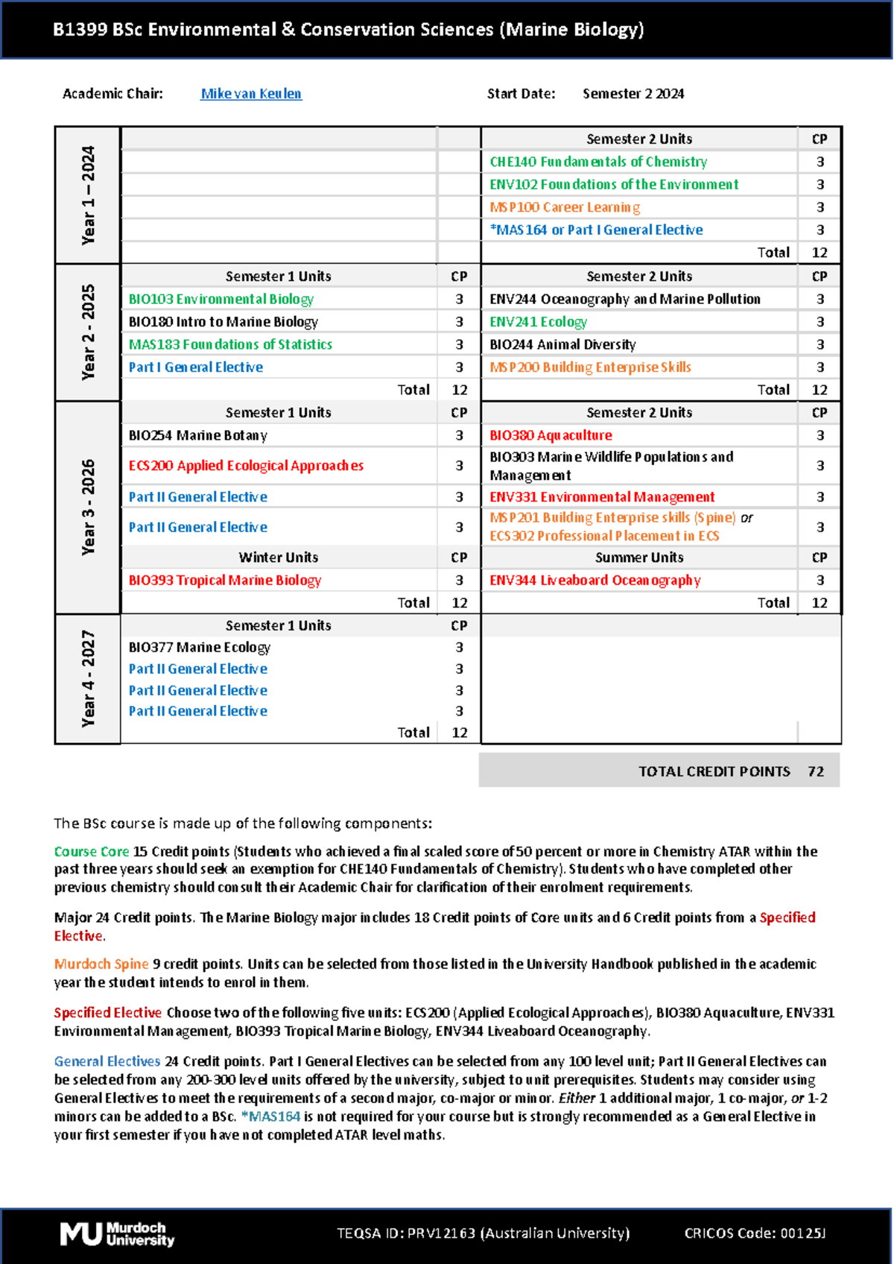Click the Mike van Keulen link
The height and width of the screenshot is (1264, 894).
click(251, 94)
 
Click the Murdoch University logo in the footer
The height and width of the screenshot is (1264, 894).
click(117, 1234)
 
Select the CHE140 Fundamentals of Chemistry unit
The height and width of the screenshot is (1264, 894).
click(598, 162)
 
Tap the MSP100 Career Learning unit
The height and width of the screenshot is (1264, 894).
click(565, 207)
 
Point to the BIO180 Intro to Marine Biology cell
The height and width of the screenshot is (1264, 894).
click(223, 322)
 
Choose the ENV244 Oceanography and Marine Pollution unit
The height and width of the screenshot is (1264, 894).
click(624, 299)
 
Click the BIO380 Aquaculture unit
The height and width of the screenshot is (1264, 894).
click(551, 435)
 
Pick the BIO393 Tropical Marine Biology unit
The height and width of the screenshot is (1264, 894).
click(224, 580)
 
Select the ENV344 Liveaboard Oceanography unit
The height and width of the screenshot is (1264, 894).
click(595, 580)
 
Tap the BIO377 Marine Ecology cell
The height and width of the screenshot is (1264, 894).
click(200, 647)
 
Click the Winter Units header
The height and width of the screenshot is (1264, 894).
click(278, 557)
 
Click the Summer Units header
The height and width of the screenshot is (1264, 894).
click(638, 557)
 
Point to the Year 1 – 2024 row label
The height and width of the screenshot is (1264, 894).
click(88, 195)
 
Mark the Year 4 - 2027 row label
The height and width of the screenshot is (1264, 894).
click(88, 678)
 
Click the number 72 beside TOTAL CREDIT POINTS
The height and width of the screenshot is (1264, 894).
click(816, 771)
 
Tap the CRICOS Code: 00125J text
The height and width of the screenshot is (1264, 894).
click(755, 1233)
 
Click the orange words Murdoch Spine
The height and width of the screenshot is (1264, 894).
click(101, 964)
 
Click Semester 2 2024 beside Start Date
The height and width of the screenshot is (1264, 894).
click(633, 94)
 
